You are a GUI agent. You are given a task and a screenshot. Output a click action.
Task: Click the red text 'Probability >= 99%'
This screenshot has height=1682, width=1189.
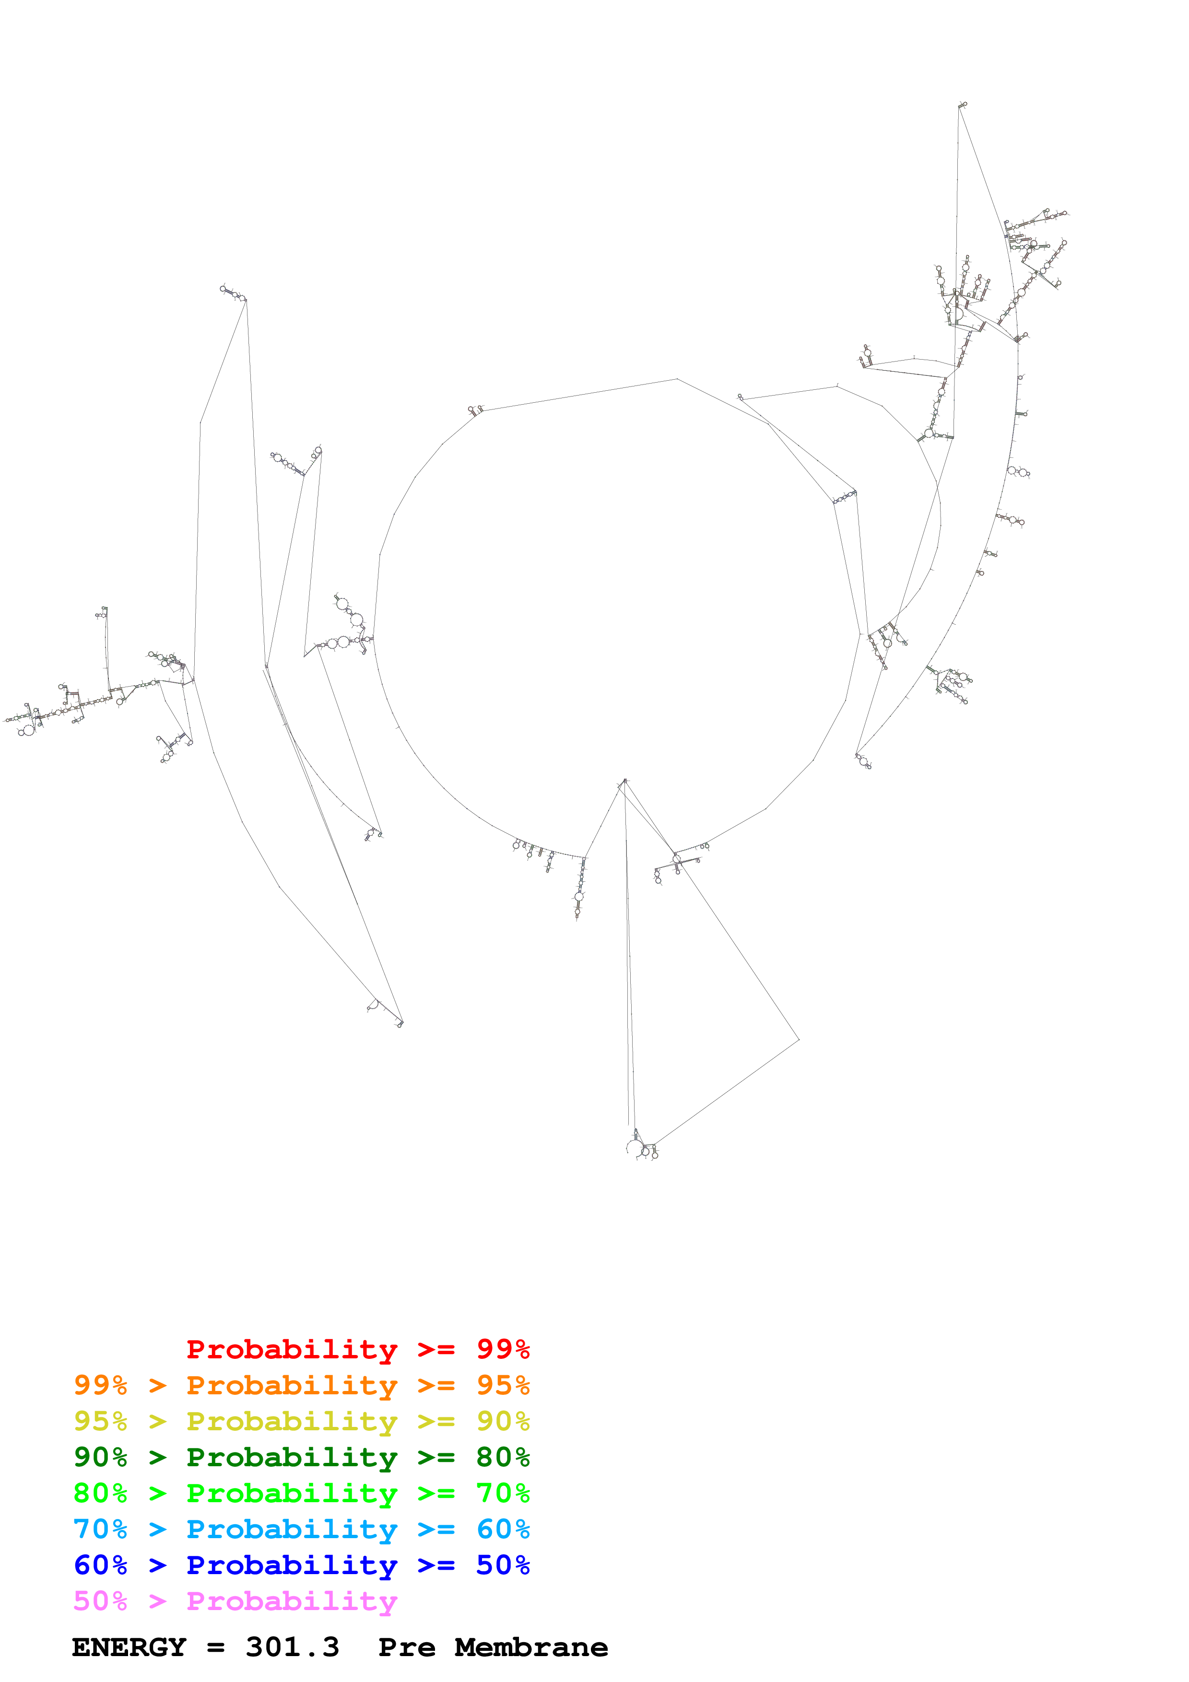click(x=357, y=1349)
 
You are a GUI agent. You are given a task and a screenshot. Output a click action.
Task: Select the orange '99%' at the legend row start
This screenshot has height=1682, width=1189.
click(x=100, y=1385)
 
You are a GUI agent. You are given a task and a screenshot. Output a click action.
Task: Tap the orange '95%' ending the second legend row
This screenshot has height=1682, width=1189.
click(x=503, y=1385)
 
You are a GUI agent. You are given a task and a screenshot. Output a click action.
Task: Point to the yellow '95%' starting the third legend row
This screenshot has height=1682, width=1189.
click(x=100, y=1421)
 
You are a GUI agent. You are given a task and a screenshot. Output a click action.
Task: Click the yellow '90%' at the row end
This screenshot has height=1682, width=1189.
click(x=503, y=1421)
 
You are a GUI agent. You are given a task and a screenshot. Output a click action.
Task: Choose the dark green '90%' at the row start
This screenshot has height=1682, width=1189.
click(x=100, y=1457)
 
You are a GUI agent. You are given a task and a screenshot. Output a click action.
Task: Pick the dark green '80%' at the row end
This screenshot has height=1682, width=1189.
click(x=503, y=1457)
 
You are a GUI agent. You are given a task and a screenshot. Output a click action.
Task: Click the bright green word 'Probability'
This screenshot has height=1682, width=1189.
click(x=292, y=1493)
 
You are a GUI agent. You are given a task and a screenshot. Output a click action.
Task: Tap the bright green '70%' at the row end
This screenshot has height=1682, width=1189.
click(x=503, y=1493)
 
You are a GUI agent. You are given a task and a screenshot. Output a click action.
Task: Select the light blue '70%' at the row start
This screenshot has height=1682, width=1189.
click(x=100, y=1529)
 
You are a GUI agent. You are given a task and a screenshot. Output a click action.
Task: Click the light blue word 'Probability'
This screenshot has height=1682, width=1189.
click(x=292, y=1529)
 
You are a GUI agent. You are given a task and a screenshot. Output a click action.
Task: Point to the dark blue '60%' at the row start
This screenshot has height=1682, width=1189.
click(x=100, y=1565)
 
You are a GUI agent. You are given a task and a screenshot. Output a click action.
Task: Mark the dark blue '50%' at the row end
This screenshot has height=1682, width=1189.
click(x=503, y=1565)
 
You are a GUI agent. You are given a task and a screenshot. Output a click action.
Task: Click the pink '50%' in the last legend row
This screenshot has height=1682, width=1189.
click(x=100, y=1600)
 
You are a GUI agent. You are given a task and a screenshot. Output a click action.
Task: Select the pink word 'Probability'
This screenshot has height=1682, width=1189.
click(x=292, y=1600)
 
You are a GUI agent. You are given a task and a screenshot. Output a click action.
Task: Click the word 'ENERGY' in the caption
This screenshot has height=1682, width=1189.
click(x=129, y=1647)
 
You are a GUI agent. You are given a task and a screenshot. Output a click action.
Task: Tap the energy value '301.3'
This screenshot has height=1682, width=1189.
click(x=292, y=1647)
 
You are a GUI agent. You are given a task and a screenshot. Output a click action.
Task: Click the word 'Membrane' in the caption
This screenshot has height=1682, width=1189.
click(x=531, y=1647)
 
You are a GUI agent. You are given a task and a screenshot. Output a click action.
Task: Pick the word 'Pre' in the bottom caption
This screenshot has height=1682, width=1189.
click(x=407, y=1647)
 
